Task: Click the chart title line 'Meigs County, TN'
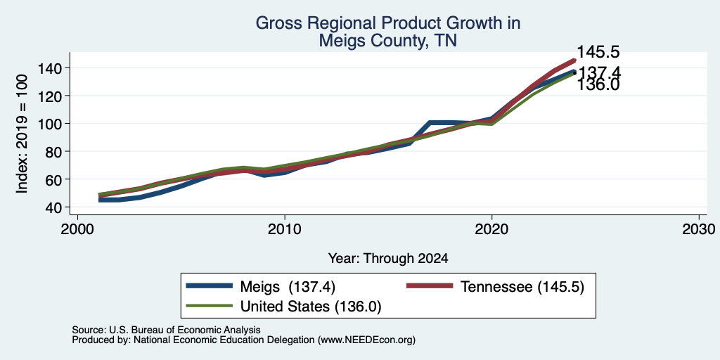pyautogui.click(x=388, y=41)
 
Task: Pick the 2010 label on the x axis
pyautogui.click(x=285, y=229)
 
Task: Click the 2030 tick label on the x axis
pyautogui.click(x=699, y=229)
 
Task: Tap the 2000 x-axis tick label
pyautogui.click(x=77, y=229)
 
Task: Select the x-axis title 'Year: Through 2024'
pyautogui.click(x=388, y=259)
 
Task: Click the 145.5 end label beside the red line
pyautogui.click(x=598, y=52)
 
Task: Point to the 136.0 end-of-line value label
pyautogui.click(x=598, y=85)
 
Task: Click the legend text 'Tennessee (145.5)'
pyautogui.click(x=522, y=287)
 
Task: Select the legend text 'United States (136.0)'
pyautogui.click(x=311, y=307)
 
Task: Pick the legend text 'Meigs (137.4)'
pyautogui.click(x=288, y=287)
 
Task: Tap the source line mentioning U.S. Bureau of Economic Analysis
pyautogui.click(x=166, y=330)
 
